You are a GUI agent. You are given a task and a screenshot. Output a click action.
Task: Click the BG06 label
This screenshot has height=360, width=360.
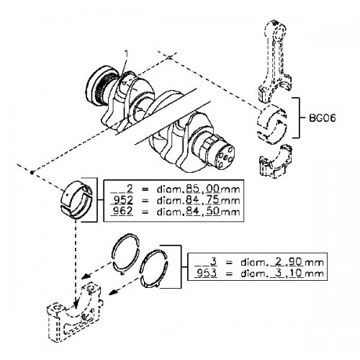point(322,118)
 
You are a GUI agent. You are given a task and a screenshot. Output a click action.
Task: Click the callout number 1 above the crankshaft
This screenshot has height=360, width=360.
point(126,54)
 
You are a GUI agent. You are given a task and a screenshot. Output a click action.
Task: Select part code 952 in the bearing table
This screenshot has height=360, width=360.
point(122,200)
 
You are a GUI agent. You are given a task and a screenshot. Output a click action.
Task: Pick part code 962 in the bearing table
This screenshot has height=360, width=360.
point(122,211)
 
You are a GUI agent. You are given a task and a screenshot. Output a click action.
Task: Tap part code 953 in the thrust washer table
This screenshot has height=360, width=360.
point(207,273)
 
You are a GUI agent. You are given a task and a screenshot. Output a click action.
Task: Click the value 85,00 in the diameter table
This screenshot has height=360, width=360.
point(202,189)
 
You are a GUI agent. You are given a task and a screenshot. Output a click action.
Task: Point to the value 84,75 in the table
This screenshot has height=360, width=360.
point(202,200)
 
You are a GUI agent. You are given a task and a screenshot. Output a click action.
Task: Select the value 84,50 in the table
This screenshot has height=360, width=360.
point(202,211)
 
